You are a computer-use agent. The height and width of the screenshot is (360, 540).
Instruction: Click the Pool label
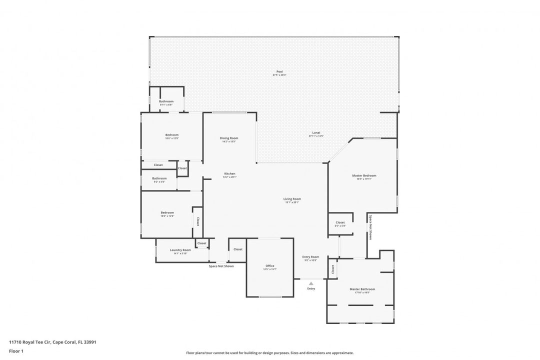[x=279, y=71]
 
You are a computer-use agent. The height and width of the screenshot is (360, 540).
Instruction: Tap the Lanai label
[x=316, y=132]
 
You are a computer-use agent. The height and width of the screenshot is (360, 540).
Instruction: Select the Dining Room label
[x=229, y=138]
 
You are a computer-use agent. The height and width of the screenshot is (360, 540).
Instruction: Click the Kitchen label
[x=229, y=173]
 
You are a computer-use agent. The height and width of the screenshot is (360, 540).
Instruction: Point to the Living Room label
[x=292, y=199]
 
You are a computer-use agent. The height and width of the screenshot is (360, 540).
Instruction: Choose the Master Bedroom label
[x=364, y=175]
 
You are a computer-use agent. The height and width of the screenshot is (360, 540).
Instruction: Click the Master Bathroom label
[x=362, y=289]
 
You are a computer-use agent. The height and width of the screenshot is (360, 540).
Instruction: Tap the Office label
[x=270, y=266]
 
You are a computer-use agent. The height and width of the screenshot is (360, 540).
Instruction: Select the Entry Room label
[x=310, y=257]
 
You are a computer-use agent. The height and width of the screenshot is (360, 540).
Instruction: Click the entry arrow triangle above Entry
[x=311, y=283]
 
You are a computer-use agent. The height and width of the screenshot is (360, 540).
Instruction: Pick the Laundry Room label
[x=180, y=250]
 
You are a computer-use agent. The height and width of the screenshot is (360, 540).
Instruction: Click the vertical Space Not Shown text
[x=370, y=227]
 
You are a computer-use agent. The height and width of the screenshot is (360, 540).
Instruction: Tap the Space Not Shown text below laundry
[x=221, y=266]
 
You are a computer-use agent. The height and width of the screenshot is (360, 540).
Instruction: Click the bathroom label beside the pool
[x=166, y=101]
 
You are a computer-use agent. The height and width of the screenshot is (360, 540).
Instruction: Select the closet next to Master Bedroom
[x=340, y=222]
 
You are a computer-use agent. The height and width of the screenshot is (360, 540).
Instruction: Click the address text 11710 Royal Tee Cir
[x=52, y=342]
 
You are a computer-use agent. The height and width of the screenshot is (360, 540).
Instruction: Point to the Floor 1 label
[x=16, y=351]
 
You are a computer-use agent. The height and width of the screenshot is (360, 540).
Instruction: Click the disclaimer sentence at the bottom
[x=269, y=352]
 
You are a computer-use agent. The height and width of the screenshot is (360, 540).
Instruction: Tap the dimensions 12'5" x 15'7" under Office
[x=270, y=269]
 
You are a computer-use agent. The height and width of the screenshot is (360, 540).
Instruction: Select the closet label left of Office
[x=238, y=249]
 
